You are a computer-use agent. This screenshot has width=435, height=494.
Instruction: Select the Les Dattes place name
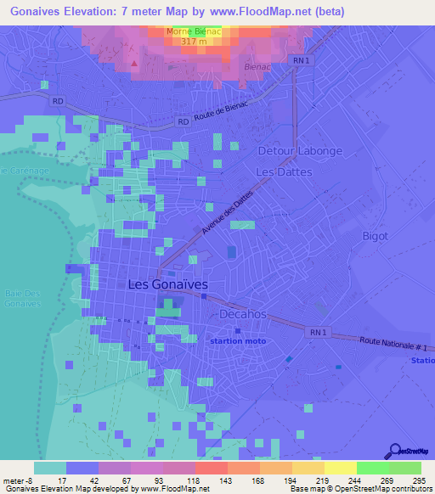point(285,171)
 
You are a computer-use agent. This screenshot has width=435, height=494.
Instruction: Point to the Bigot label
point(375,235)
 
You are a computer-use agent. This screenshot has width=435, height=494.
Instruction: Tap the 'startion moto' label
point(238,341)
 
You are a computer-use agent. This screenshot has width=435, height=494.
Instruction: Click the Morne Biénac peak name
point(195,32)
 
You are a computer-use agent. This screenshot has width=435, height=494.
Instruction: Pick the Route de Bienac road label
point(222,118)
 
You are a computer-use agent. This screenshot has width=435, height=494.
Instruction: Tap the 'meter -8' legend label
point(17,480)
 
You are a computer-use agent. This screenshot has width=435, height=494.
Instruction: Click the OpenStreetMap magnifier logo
point(393,450)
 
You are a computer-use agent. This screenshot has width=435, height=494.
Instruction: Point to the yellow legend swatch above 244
point(340,468)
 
